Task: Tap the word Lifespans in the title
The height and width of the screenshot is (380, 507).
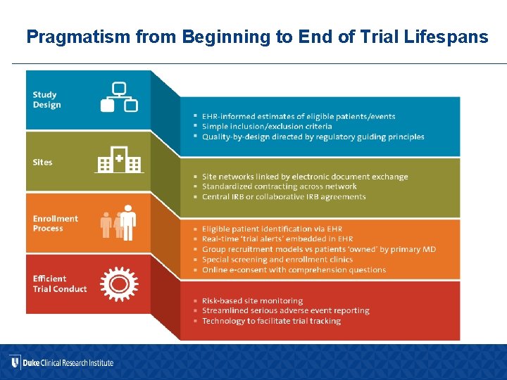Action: (x=452, y=37)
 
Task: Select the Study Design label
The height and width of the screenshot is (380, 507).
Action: (x=46, y=100)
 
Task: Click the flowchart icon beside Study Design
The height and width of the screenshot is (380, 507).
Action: (x=119, y=97)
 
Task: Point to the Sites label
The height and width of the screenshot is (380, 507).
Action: (x=42, y=163)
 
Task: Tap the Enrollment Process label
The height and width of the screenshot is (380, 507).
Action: (x=55, y=223)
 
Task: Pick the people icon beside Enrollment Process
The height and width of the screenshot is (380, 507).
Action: (x=118, y=222)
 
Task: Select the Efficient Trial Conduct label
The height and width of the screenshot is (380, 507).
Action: (x=59, y=284)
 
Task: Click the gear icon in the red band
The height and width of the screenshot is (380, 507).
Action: (x=119, y=283)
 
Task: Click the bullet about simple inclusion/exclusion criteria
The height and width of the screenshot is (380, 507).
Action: (x=267, y=127)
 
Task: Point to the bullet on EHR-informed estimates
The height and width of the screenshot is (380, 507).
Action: (x=299, y=117)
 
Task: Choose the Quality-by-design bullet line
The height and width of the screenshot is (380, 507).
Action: (x=313, y=137)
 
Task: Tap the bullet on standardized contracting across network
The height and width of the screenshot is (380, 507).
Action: (x=279, y=186)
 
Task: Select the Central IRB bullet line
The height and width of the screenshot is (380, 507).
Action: (x=284, y=197)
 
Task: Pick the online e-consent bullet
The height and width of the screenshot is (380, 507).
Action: (x=294, y=270)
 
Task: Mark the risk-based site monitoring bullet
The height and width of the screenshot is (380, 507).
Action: (x=252, y=300)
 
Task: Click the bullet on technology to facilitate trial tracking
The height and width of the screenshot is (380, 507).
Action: (x=271, y=321)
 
